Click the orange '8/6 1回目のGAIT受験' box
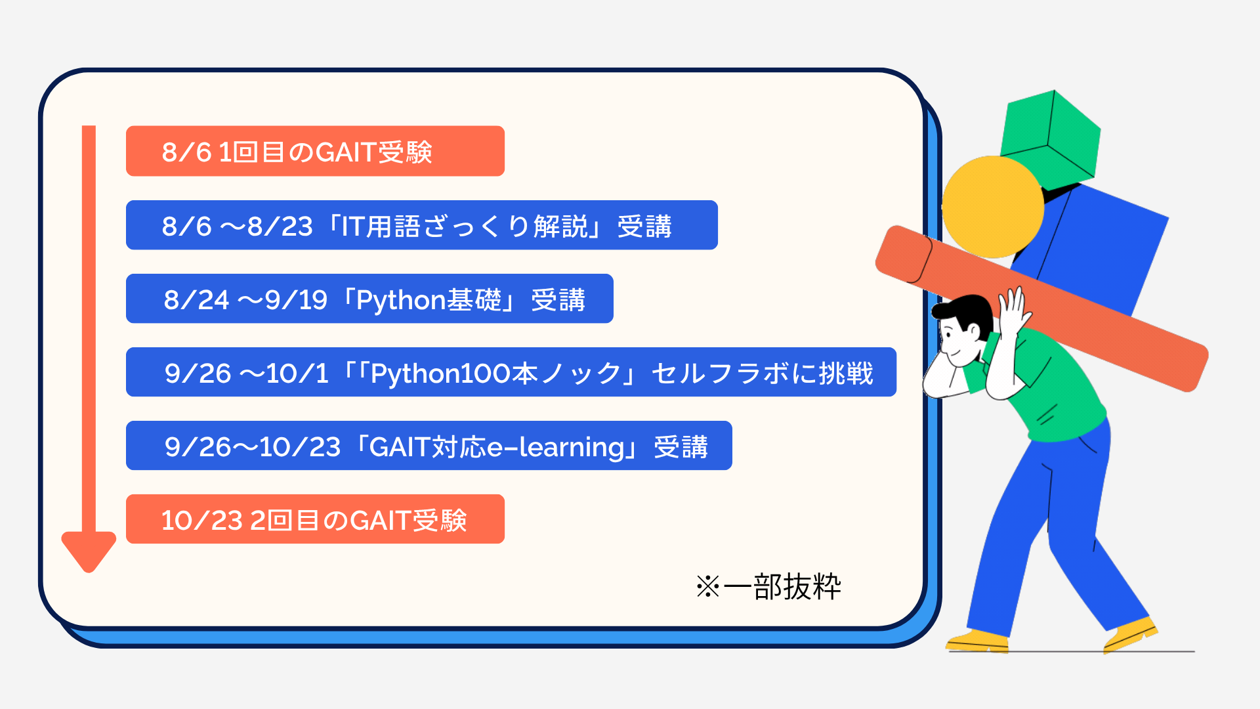point(315,151)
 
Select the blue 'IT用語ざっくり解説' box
point(421,225)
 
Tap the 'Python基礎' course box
point(369,299)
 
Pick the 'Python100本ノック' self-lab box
point(511,372)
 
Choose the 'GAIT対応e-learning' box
point(429,446)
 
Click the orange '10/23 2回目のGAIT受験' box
point(315,519)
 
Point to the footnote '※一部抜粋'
point(768,586)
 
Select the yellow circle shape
point(992,207)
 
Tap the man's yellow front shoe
point(1130,634)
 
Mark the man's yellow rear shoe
point(977,641)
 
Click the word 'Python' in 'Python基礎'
point(401,301)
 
